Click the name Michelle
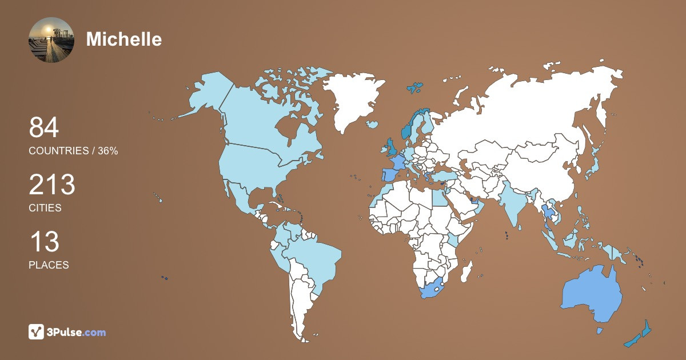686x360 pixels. click(123, 39)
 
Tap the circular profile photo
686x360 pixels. click(51, 39)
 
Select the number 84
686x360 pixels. click(44, 127)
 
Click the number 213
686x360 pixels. click(52, 185)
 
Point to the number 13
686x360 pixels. click(44, 242)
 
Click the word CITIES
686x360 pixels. click(45, 208)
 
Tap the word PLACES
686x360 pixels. click(49, 265)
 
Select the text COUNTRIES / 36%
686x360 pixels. click(73, 151)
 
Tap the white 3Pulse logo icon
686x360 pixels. click(37, 332)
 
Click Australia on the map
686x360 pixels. click(592, 294)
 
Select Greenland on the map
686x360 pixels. click(352, 100)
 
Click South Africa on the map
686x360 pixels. click(432, 289)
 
